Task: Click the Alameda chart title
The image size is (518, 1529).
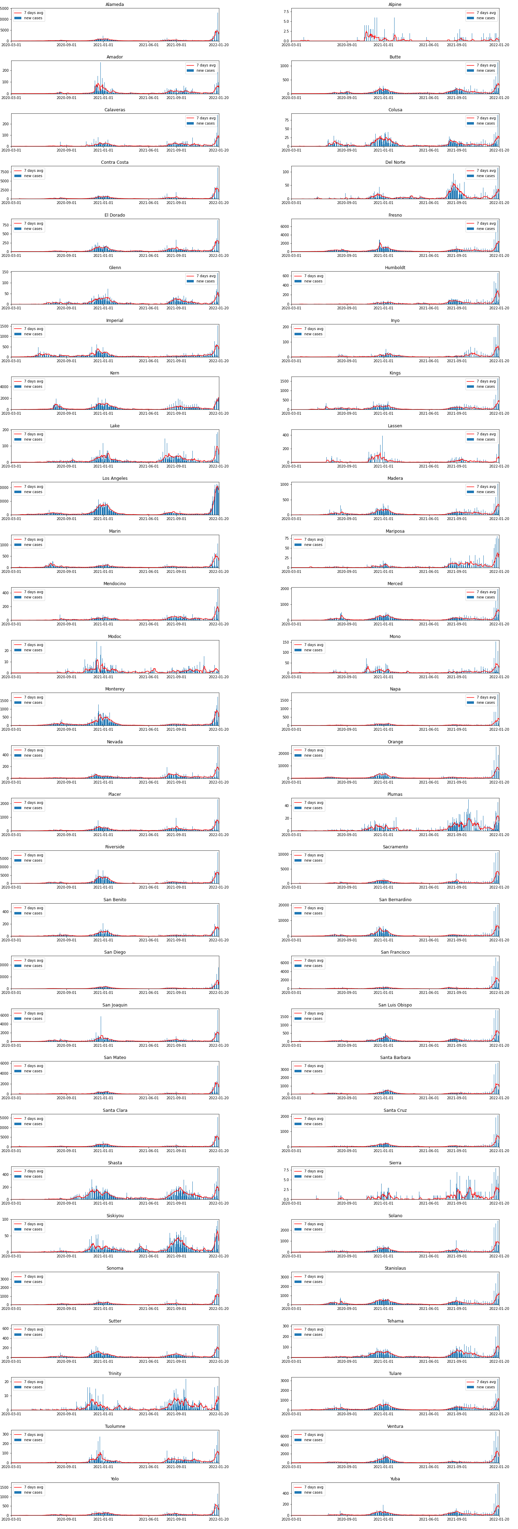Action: tap(114, 4)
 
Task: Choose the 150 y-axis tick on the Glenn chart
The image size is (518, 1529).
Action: tap(5, 272)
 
